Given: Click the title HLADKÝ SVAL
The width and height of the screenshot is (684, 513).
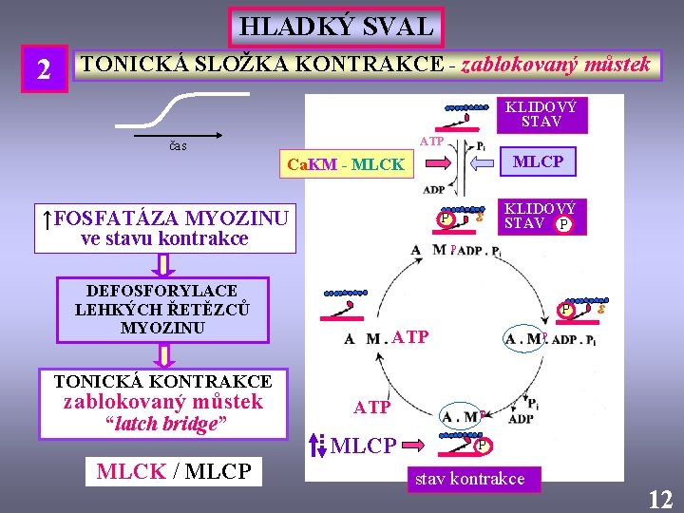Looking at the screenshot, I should pyautogui.click(x=335, y=28).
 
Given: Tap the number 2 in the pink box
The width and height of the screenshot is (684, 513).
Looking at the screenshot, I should pyautogui.click(x=44, y=69).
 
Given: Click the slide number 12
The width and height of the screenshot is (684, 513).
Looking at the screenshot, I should pyautogui.click(x=659, y=498).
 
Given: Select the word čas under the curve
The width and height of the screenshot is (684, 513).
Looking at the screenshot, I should pyautogui.click(x=178, y=145).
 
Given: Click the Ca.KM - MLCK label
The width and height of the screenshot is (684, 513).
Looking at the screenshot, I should pyautogui.click(x=345, y=164).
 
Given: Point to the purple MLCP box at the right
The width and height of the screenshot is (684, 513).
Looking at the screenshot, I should pyautogui.click(x=538, y=161).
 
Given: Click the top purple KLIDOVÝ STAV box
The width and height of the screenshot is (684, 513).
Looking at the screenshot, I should pyautogui.click(x=540, y=114).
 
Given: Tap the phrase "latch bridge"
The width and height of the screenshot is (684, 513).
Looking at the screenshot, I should pyautogui.click(x=162, y=424).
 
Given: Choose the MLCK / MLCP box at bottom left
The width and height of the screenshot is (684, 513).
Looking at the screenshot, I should pyautogui.click(x=174, y=471).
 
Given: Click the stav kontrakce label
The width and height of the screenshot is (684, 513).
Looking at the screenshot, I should pyautogui.click(x=469, y=479).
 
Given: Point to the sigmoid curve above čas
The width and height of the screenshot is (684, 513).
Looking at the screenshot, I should pyautogui.click(x=180, y=107).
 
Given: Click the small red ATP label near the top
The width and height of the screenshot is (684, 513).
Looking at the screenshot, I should pyautogui.click(x=432, y=141).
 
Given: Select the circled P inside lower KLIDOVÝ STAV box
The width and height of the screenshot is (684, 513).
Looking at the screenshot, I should pyautogui.click(x=564, y=224).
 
